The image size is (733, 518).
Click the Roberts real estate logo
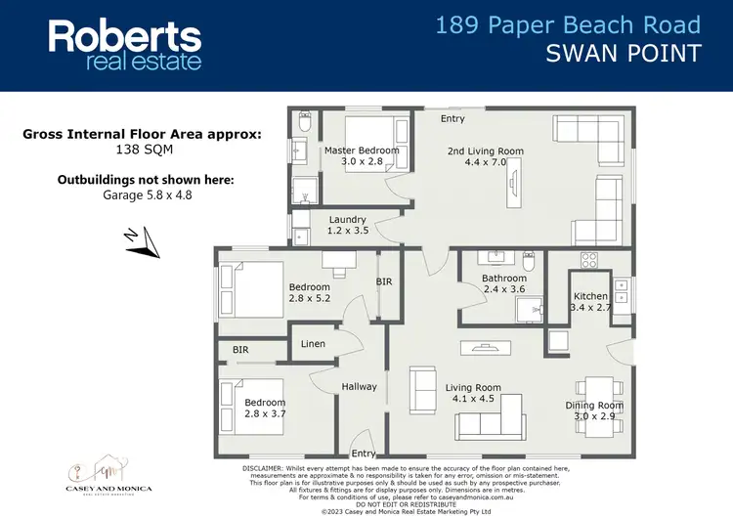click(x=125, y=45)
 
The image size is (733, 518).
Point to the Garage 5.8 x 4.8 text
click(x=144, y=194)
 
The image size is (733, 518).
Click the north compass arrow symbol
click(x=143, y=240)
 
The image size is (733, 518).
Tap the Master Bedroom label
click(x=361, y=156)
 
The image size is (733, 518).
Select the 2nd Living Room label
click(x=486, y=157)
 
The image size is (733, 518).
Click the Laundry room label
click(x=348, y=226)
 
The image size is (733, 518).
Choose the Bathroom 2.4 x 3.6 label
click(x=503, y=284)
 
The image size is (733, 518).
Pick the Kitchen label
click(x=590, y=302)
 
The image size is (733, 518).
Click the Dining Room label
click(x=594, y=410)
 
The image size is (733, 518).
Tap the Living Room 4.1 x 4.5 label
click(x=473, y=393)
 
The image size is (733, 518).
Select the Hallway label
click(x=359, y=387)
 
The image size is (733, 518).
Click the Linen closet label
click(x=314, y=344)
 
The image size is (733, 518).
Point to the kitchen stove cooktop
click(x=590, y=261)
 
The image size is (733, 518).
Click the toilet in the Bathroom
click(x=528, y=262)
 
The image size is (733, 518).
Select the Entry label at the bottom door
click(x=364, y=453)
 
